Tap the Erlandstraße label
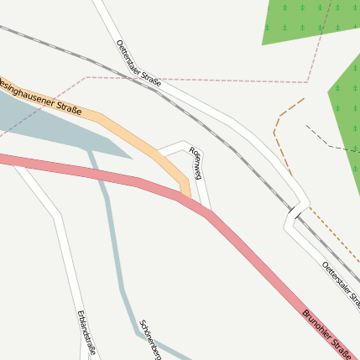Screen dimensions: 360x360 (86, 333)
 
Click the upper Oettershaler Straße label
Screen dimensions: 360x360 (138, 63)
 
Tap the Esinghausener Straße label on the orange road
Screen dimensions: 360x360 (42, 95)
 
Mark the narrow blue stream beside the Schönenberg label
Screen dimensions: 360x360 (117, 269)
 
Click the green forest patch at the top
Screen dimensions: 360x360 (310, 21)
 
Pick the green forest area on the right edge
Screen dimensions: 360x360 (348, 109)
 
